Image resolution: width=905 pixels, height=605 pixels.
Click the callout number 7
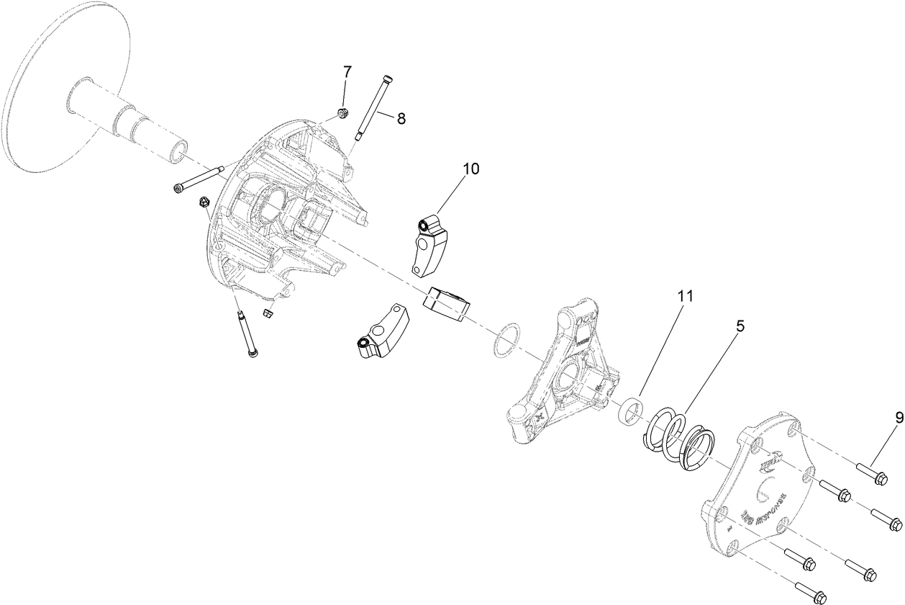click(x=347, y=72)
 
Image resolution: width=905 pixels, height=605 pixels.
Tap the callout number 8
click(x=401, y=119)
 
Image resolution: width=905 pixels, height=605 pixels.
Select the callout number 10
click(x=470, y=169)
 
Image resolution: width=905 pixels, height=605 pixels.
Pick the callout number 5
click(x=740, y=326)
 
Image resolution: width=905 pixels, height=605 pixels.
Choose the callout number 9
click(x=899, y=417)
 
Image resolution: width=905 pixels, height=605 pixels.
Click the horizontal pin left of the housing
click(x=199, y=179)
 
